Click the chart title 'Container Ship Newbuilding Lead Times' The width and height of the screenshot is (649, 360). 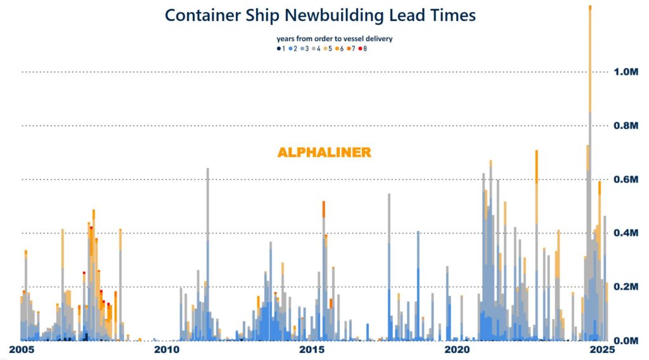[x=320, y=15]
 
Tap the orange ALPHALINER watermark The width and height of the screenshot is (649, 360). [x=324, y=153]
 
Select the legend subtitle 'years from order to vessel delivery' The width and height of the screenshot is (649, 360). [x=334, y=39]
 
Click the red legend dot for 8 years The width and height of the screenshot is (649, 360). [x=360, y=49]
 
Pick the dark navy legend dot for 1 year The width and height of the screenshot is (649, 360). [x=278, y=49]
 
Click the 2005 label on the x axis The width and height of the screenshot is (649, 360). [x=22, y=350]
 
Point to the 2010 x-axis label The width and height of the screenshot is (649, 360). [x=165, y=350]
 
